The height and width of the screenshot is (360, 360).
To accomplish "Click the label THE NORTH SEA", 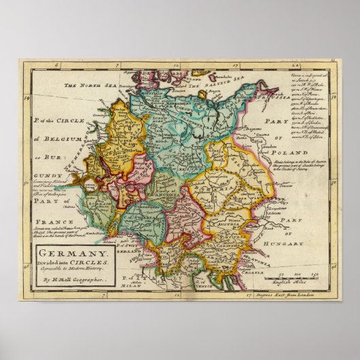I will tap(87, 86).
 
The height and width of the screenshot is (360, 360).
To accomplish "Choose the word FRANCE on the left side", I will tap(42, 222).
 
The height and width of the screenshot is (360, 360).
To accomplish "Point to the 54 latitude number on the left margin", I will tap(26, 98).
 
